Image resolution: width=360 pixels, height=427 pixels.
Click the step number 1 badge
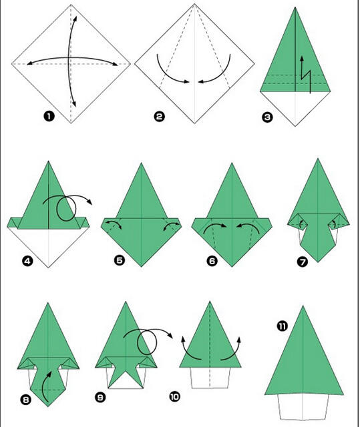pos(49,117)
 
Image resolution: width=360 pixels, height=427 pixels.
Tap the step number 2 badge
pos(160,117)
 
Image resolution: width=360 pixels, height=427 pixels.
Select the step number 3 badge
pos(267,117)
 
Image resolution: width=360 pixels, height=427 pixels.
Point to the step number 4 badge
pos(27,262)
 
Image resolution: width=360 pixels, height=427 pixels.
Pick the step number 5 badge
pos(120,260)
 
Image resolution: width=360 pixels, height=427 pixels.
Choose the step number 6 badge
pos(212,261)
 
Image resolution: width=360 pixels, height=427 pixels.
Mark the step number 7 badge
pos(303,262)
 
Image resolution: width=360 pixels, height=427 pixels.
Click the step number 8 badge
pos(25,400)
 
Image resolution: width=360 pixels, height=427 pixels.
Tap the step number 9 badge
pos(100,398)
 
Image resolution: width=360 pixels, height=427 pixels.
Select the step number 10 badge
pos(174,396)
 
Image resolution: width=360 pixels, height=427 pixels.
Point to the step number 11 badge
pos(282,326)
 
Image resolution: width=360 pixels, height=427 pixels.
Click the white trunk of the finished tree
pos(303,407)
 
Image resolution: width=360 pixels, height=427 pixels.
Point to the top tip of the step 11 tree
pos(303,306)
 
